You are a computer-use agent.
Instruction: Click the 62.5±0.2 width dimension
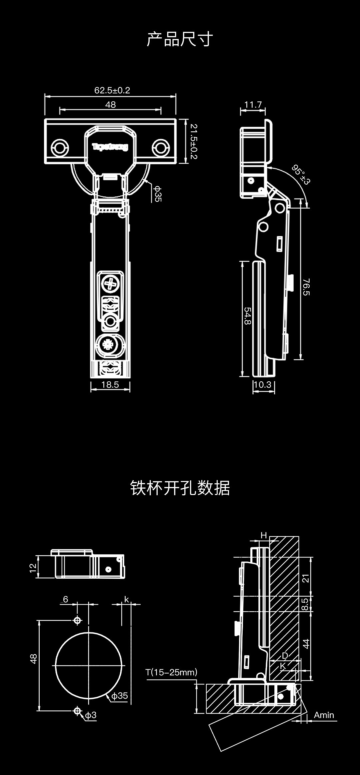[x=112, y=90]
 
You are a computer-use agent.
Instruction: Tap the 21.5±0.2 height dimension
[x=194, y=141]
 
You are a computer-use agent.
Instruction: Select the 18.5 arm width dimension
[x=110, y=385]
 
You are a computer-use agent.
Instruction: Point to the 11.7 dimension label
[x=253, y=105]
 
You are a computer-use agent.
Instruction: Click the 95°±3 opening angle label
[x=301, y=174]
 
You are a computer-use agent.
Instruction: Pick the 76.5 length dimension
[x=306, y=287]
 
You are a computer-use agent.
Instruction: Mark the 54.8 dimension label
[x=248, y=316]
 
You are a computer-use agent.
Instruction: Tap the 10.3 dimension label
[x=263, y=385]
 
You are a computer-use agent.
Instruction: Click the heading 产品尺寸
[x=180, y=39]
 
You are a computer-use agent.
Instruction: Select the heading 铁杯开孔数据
[x=180, y=488]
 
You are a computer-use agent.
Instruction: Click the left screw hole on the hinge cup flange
[x=60, y=147]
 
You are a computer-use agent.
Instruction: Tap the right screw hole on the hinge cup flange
[x=161, y=148]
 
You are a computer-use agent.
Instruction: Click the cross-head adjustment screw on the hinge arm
[x=110, y=284]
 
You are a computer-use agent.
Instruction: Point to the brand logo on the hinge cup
[x=110, y=147]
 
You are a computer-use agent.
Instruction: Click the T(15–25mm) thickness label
[x=171, y=672]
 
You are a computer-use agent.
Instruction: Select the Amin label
[x=324, y=715]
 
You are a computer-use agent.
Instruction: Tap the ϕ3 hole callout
[x=90, y=715]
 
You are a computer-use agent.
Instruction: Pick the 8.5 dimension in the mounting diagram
[x=305, y=604]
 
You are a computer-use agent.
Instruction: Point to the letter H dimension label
[x=264, y=536]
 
